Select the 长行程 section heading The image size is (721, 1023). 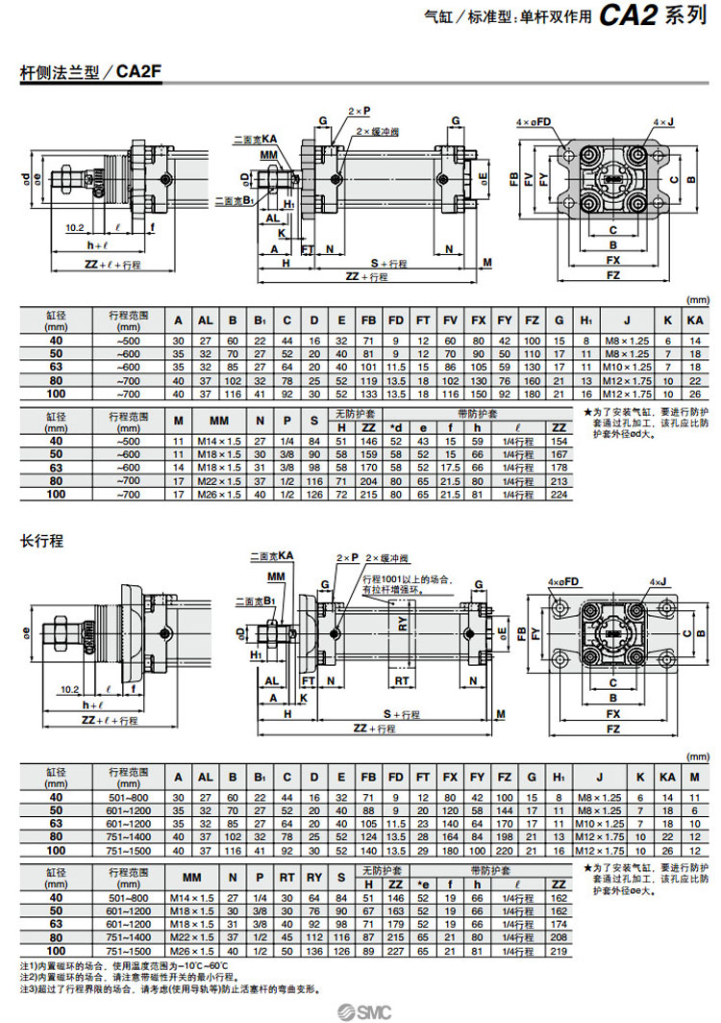pos(42,541)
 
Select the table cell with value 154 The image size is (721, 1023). pos(557,440)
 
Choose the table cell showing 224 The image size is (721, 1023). pos(557,494)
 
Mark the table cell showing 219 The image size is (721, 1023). pos(557,951)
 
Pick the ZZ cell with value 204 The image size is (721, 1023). pos(368,480)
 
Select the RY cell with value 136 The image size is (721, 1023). pos(313,951)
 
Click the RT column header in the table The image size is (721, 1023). pos(286,879)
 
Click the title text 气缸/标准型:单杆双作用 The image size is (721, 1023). pos(509,17)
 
